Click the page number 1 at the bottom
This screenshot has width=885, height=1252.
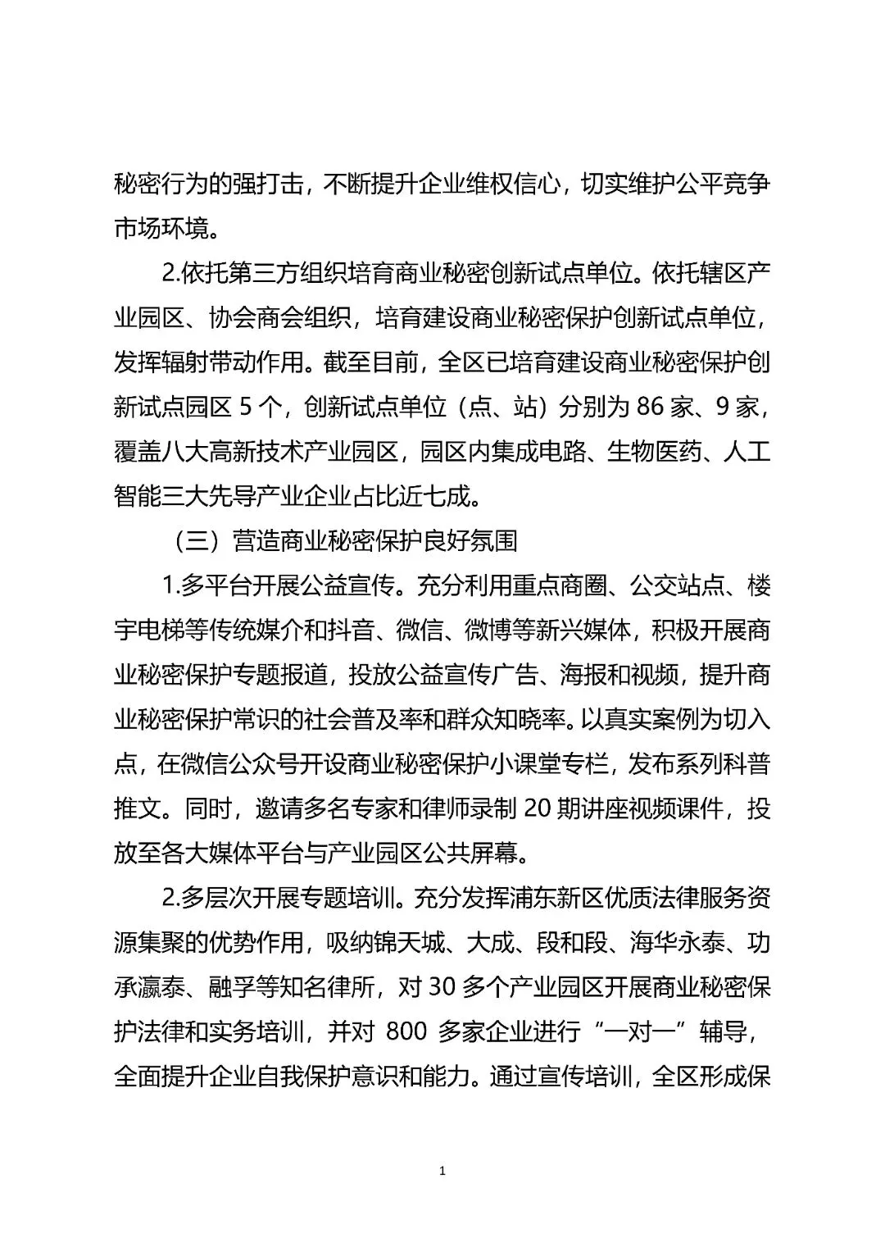tap(442, 1172)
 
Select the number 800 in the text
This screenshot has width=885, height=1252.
tap(406, 1032)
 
